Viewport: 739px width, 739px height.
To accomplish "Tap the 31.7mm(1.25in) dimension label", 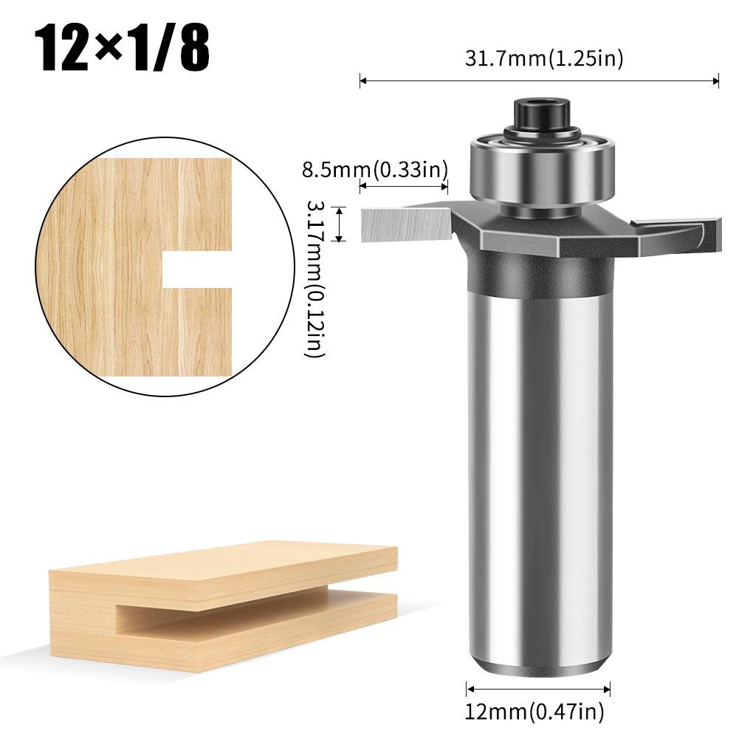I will click(x=543, y=59).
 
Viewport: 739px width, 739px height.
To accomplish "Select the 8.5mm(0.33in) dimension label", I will click(x=375, y=171).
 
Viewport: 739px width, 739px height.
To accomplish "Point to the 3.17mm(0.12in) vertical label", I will click(x=315, y=269).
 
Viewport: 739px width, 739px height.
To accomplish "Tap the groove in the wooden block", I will click(x=221, y=610).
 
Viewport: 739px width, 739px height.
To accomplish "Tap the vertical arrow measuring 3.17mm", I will click(x=340, y=224).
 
